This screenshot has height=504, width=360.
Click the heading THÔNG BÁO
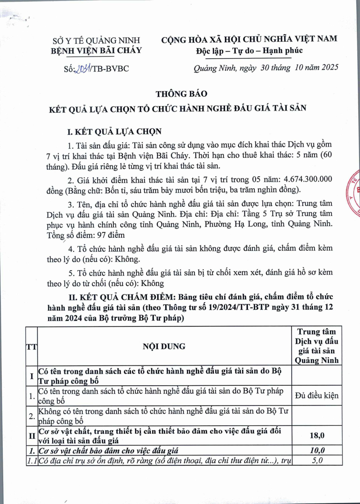(181, 94)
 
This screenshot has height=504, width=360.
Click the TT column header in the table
(31, 346)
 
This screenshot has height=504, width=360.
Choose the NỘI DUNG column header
(164, 346)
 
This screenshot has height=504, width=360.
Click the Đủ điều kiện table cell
(317, 396)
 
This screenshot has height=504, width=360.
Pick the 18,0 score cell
(317, 435)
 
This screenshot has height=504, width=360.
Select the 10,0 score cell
(317, 450)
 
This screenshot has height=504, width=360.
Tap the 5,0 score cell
(317, 460)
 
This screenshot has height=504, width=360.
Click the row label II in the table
(31, 435)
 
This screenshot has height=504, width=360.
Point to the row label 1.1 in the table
(31, 460)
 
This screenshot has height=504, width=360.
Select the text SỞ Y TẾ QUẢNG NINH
(96, 40)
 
